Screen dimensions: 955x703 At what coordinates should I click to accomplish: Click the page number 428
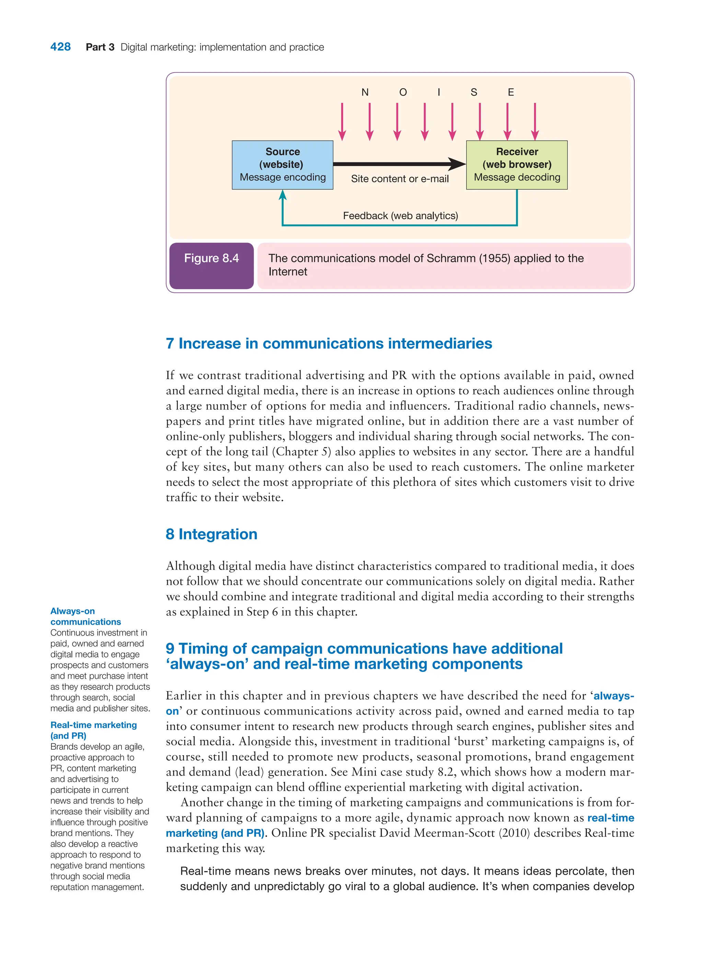[x=60, y=47]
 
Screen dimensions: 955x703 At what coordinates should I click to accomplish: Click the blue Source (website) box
[x=282, y=165]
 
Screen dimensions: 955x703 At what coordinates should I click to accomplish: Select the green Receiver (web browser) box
[x=517, y=165]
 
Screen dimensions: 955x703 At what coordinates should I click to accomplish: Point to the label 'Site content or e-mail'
[x=400, y=179]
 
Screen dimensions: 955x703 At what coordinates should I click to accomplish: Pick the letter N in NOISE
[x=365, y=92]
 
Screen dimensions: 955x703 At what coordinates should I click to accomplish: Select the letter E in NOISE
[x=511, y=92]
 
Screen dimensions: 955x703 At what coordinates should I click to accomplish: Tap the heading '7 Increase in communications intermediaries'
[x=329, y=343]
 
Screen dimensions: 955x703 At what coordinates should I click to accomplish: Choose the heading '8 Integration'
[x=211, y=534]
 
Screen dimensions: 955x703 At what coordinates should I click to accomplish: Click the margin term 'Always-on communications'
[x=85, y=616]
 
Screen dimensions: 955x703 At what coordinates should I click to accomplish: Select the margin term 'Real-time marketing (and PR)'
[x=93, y=730]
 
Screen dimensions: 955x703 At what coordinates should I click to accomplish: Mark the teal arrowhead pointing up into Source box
[x=282, y=195]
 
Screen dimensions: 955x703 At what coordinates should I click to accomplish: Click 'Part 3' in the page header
[x=100, y=47]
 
